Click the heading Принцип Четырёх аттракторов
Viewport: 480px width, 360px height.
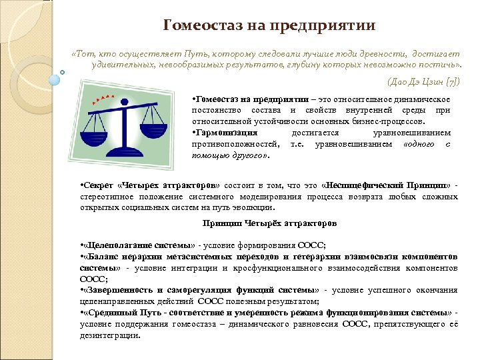pos(269,222)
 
